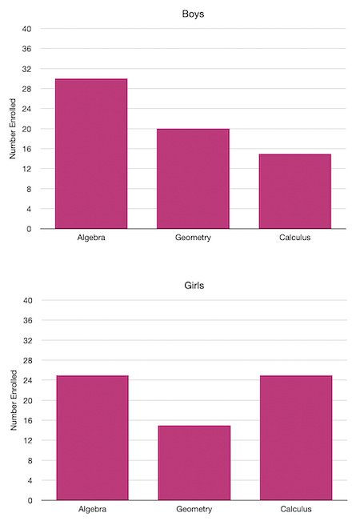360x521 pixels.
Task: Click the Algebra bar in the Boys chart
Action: click(x=90, y=154)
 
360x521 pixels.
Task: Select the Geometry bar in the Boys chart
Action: click(x=193, y=178)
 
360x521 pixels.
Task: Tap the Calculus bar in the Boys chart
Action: click(x=294, y=191)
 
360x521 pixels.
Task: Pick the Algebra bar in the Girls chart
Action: click(x=92, y=438)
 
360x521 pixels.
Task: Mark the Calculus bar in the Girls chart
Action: click(x=295, y=438)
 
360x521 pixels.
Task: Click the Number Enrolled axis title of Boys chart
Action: click(x=13, y=129)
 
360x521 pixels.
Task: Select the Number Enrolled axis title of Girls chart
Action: click(x=13, y=401)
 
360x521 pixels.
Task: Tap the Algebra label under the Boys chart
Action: click(x=91, y=238)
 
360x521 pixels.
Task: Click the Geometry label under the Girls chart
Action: click(x=194, y=510)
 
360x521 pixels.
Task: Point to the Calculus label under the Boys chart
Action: click(x=294, y=238)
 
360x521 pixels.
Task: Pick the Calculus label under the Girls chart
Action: click(x=295, y=510)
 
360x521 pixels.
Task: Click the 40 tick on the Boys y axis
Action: click(x=26, y=29)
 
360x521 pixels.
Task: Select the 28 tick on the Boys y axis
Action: click(x=26, y=89)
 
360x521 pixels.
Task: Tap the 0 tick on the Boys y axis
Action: click(x=29, y=229)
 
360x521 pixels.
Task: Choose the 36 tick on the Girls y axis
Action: click(x=26, y=321)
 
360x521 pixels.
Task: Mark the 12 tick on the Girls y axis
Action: click(x=26, y=441)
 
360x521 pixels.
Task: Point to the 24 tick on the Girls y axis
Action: click(x=26, y=381)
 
